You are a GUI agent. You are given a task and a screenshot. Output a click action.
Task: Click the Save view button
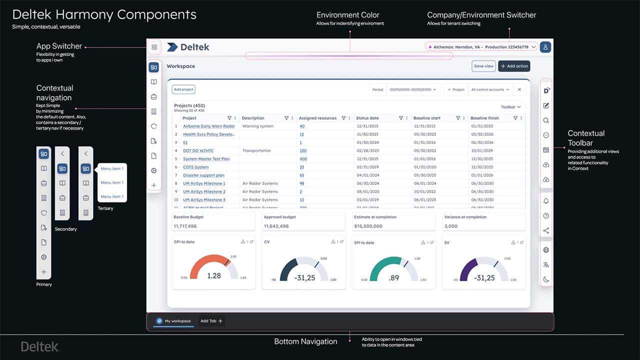pyautogui.click(x=483, y=66)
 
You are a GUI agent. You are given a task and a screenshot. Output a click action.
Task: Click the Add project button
pyautogui.click(x=183, y=89)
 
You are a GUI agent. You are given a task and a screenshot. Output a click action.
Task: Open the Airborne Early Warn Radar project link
pyautogui.click(x=208, y=126)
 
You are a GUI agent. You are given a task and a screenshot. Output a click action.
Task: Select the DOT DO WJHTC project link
pyautogui.click(x=198, y=150)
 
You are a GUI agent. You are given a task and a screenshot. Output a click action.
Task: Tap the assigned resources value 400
pyautogui.click(x=303, y=159)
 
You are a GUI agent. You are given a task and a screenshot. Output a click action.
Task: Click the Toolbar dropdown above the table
pyautogui.click(x=510, y=107)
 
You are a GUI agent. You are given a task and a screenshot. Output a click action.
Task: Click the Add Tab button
pyautogui.click(x=211, y=321)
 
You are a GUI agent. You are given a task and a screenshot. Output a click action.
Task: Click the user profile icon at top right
pyautogui.click(x=545, y=47)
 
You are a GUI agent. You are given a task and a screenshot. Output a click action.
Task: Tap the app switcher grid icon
pyautogui.click(x=154, y=47)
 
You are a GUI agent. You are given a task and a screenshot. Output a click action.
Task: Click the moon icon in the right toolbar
pyautogui.click(x=546, y=279)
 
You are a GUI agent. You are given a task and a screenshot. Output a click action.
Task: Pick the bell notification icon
pyautogui.click(x=546, y=201)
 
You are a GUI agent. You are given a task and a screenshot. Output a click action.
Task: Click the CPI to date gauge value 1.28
pyautogui.click(x=213, y=276)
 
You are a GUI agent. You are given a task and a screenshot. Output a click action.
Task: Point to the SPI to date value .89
pyautogui.click(x=394, y=278)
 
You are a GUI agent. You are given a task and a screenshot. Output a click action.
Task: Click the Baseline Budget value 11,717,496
pyautogui.click(x=185, y=226)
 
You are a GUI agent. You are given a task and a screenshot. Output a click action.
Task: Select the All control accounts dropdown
pyautogui.click(x=490, y=89)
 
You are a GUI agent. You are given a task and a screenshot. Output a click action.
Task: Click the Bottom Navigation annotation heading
pyautogui.click(x=305, y=341)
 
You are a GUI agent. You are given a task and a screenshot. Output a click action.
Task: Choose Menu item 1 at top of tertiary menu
pyautogui.click(x=112, y=168)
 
